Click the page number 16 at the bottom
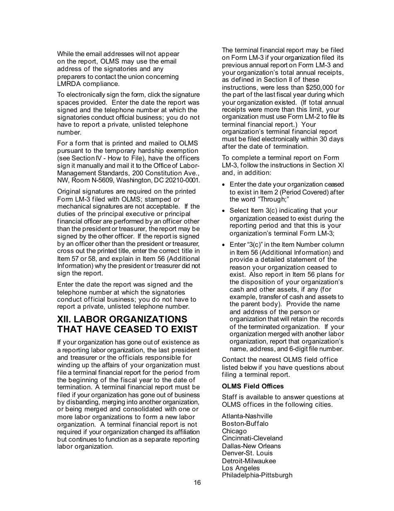pos(197,482)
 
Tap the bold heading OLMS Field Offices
pos(253,386)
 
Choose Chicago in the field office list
pos(234,431)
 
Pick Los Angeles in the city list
pos(241,468)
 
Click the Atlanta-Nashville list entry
pos(247,416)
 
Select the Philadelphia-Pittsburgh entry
pos(257,475)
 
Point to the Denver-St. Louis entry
pos(247,453)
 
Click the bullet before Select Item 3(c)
pos(224,211)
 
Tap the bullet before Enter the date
pos(224,185)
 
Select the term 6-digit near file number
pos(294,349)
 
